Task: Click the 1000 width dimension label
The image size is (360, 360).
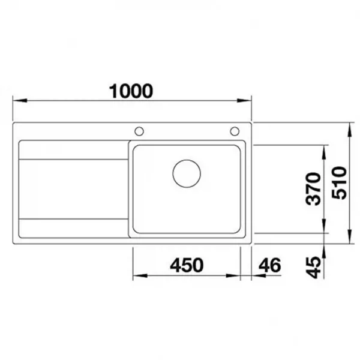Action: pos(131,91)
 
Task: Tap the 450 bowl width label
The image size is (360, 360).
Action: pos(187,265)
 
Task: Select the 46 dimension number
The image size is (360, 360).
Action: pos(270,265)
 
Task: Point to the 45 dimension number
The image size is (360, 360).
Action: pos(313,268)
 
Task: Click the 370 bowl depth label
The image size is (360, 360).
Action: pos(313,189)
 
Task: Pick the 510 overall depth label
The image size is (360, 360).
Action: pos(340,183)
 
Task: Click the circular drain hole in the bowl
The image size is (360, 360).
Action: pos(187,173)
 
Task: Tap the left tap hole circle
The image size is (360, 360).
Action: pos(139,131)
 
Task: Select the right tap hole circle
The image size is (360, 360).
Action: pos(235,131)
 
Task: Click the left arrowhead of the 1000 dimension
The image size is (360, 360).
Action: pos(20,101)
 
